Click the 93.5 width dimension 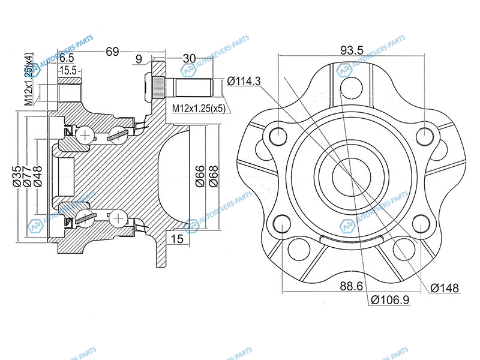pyautogui.click(x=352, y=50)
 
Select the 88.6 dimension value pyautogui.click(x=351, y=286)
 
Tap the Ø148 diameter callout pyautogui.click(x=445, y=288)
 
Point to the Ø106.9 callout pyautogui.click(x=390, y=300)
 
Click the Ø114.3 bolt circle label pyautogui.click(x=244, y=81)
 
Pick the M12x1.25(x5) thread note pyautogui.click(x=199, y=108)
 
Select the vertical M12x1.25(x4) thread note pyautogui.click(x=29, y=79)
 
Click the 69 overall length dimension pyautogui.click(x=112, y=52)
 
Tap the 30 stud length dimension pyautogui.click(x=189, y=58)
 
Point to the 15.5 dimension pyautogui.click(x=68, y=70)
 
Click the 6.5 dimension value pyautogui.click(x=67, y=58)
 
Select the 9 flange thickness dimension pyautogui.click(x=139, y=59)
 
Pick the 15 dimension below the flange pyautogui.click(x=177, y=238)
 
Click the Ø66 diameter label pyautogui.click(x=200, y=176)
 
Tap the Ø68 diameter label pyautogui.click(x=214, y=176)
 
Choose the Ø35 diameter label pyautogui.click(x=17, y=176)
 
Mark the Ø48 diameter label pyautogui.click(x=38, y=176)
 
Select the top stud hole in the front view pyautogui.click(x=351, y=86)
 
